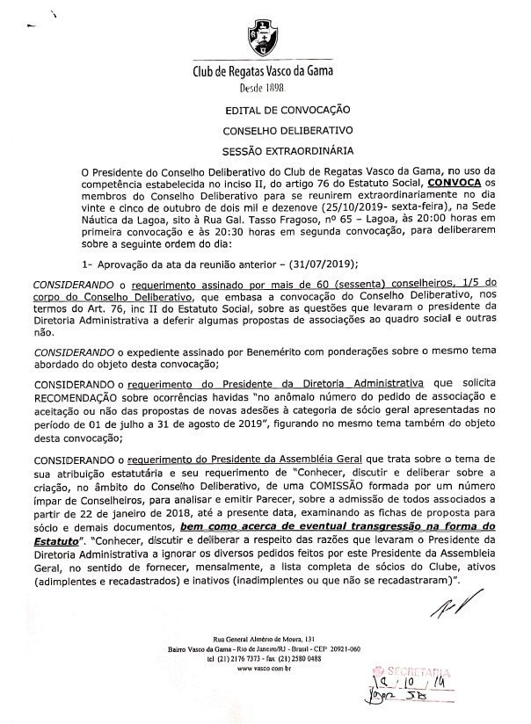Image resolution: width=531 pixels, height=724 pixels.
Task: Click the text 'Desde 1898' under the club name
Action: pos(264,90)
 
